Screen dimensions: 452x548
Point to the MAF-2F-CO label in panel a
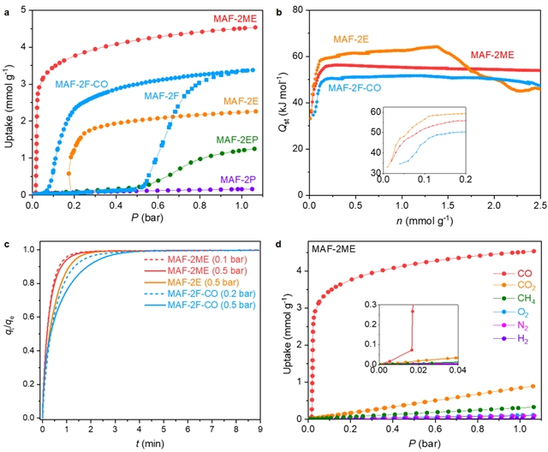pyautogui.click(x=90, y=84)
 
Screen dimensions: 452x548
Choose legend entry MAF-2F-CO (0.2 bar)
pyautogui.click(x=205, y=292)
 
